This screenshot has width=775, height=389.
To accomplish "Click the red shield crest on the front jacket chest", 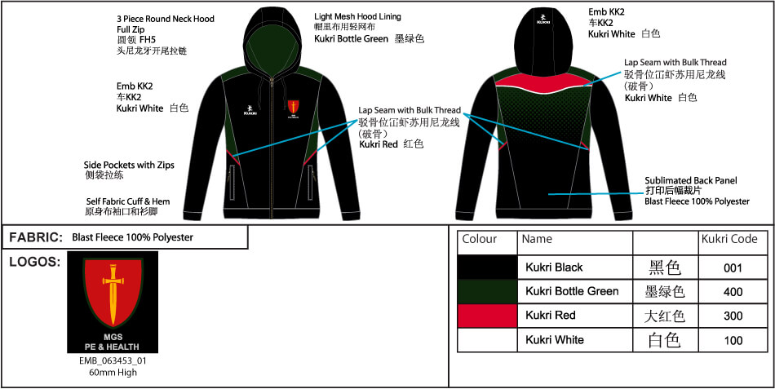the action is [293, 106].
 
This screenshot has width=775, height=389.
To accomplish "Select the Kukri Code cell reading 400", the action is [733, 292].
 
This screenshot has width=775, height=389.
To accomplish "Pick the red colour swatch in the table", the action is [487, 316].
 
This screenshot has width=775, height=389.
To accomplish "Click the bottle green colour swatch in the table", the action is [487, 292].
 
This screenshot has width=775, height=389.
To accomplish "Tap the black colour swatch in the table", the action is [487, 267].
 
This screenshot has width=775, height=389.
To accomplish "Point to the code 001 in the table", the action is [733, 268].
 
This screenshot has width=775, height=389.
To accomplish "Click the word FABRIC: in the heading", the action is [36, 238].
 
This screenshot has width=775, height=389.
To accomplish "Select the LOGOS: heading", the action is [34, 262].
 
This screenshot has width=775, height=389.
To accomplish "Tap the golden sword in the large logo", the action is [113, 294].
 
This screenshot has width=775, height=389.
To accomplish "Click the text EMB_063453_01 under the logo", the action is [113, 360].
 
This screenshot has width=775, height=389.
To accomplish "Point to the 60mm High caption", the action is [113, 372].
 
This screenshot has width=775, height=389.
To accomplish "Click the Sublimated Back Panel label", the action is [691, 180].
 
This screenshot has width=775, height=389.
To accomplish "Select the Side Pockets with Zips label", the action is [129, 165].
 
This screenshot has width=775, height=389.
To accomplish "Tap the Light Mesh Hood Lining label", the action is [358, 17].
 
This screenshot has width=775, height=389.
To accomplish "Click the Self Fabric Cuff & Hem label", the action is [128, 201].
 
